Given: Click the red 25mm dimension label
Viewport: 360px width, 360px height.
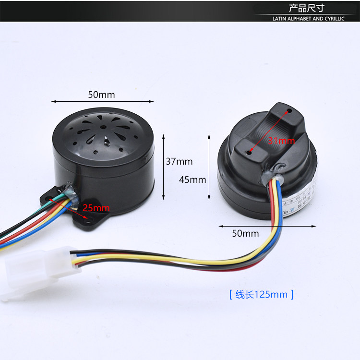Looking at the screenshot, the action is pos(96,208).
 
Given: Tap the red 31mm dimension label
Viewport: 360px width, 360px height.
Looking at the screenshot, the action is pos(281,141).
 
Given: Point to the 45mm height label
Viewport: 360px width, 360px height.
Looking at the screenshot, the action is pos(192,180).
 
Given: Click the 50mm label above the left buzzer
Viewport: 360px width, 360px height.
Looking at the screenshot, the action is pos(101,95).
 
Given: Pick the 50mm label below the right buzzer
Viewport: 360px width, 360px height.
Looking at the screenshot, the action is pos(245,234).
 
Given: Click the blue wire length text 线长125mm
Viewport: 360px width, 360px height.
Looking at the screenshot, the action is pos(261,294).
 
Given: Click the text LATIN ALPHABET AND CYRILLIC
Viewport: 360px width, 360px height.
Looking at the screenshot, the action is pos(308,19).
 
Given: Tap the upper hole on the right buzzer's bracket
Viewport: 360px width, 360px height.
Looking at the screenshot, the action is pos(289,111).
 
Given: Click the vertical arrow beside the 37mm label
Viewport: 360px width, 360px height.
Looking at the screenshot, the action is pos(164,167).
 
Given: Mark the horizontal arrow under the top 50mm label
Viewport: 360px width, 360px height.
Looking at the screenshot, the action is pos(102,102).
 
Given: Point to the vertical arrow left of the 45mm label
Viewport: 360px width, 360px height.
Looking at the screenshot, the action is pos(209,167).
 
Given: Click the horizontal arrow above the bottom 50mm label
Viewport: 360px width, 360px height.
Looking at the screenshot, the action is pos(267,226).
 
